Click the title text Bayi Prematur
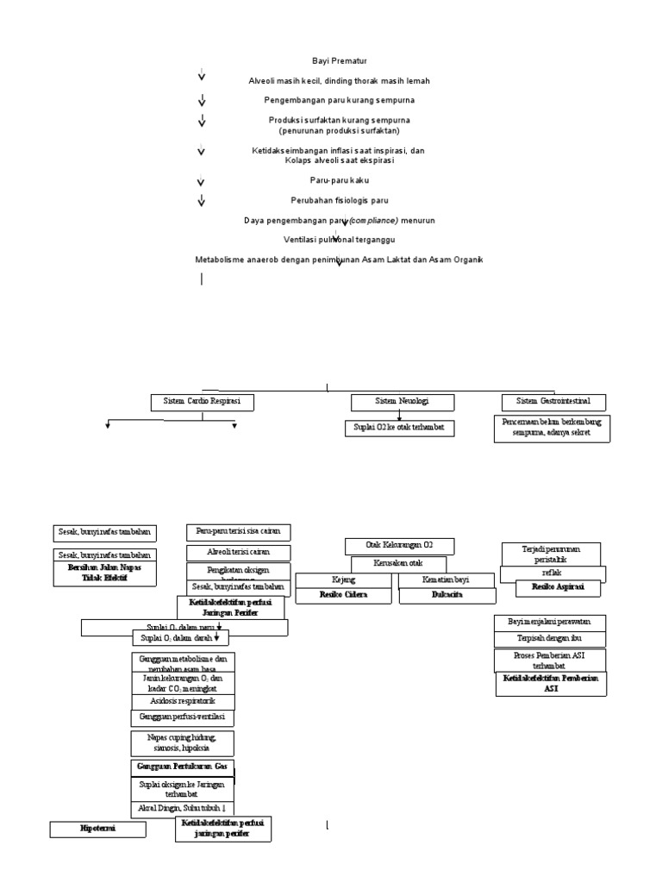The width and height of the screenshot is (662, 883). click(x=332, y=61)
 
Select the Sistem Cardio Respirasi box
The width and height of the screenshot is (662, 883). click(x=203, y=402)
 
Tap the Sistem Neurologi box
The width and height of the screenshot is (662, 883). click(x=402, y=402)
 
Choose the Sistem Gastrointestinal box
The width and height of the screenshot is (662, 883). click(x=553, y=402)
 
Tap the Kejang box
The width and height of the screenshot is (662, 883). click(x=345, y=579)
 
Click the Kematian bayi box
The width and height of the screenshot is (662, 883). click(x=447, y=579)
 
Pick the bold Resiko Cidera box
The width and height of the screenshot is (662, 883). click(x=345, y=595)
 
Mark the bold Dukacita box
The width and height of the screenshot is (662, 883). click(x=447, y=595)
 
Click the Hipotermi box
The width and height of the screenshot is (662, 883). click(x=97, y=829)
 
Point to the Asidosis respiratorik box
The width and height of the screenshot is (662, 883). click(x=183, y=701)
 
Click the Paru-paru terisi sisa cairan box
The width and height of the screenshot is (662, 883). click(x=238, y=532)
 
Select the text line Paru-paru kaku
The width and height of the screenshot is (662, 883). click(x=332, y=182)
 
